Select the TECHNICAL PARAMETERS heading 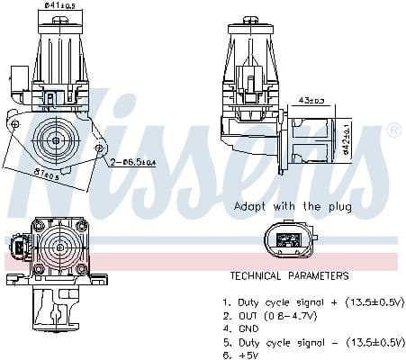coord(289,275)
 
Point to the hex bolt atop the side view coord(248,20)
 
